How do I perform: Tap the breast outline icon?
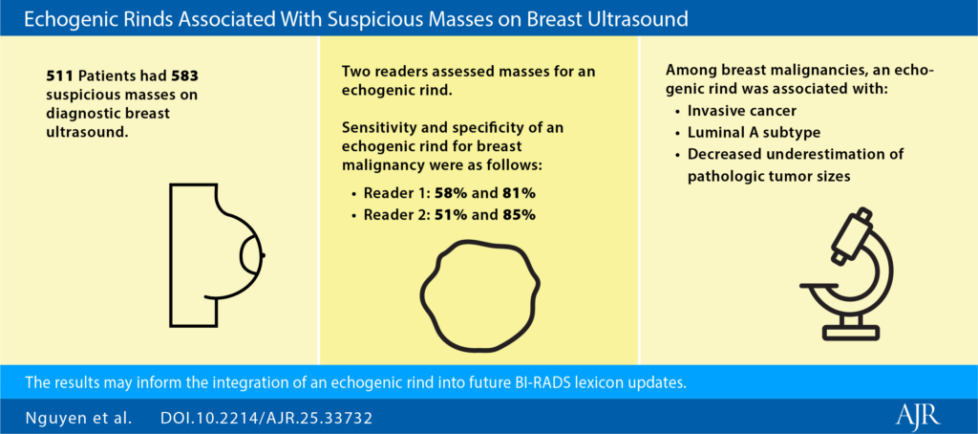218,255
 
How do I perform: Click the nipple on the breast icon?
264,255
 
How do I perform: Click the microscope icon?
847,273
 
